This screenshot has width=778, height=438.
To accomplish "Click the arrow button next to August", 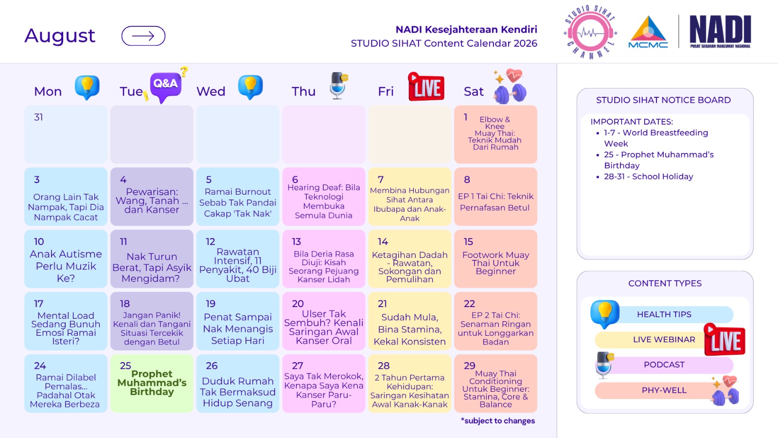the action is (143, 36).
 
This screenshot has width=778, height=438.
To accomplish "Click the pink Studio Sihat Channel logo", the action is (590, 32).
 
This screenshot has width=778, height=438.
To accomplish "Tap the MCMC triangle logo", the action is (648, 32).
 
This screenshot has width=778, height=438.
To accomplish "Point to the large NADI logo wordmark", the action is (720, 30).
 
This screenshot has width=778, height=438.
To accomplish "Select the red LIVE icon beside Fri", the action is (426, 87).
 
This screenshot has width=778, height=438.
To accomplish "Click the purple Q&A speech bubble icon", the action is (166, 86).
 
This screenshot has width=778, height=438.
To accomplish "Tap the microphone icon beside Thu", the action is (338, 86).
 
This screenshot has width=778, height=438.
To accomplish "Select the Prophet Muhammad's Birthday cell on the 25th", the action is (152, 383).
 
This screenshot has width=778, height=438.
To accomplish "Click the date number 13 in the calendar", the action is (296, 241).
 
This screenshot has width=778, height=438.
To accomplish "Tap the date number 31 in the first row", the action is (38, 117).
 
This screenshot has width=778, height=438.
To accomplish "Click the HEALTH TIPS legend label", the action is (664, 314).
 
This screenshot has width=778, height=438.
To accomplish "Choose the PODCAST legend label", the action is (664, 365).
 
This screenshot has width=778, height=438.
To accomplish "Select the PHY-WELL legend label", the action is (664, 390).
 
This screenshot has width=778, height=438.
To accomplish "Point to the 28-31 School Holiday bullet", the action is (649, 177).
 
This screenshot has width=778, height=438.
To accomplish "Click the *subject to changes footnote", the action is (498, 421).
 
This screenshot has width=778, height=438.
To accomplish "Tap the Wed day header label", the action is (211, 91).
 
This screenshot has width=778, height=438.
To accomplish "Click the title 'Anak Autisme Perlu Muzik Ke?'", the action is (66, 266).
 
